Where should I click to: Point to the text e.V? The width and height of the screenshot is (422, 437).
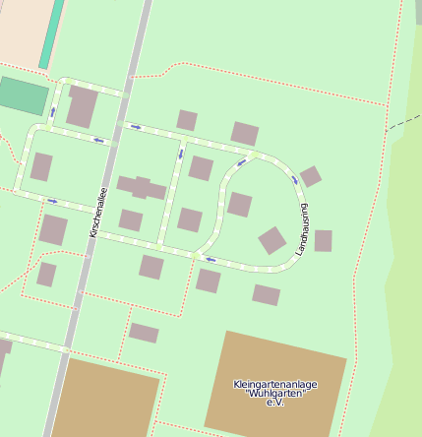pyautogui.click(x=274, y=404)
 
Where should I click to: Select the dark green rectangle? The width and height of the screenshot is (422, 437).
pyautogui.click(x=23, y=95)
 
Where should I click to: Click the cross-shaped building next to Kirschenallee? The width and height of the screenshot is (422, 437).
pyautogui.click(x=142, y=187)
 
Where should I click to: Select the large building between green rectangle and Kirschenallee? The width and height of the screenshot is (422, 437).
pyautogui.click(x=82, y=106)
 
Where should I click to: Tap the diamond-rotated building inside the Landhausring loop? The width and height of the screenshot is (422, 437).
pyautogui.click(x=272, y=240)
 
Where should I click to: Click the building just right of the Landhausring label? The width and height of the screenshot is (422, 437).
pyautogui.click(x=323, y=240)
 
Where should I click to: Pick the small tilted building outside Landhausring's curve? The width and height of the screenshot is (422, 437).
pyautogui.click(x=311, y=176)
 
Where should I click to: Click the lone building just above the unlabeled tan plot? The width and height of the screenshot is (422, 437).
pyautogui.click(x=144, y=333)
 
